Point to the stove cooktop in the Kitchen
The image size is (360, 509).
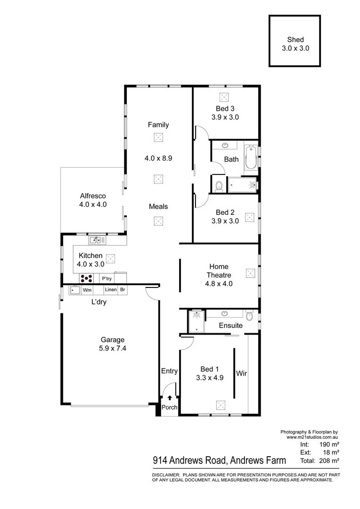(85, 278)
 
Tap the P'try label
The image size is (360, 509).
(106, 278)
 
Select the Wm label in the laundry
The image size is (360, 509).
(87, 290)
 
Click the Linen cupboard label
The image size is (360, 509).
(110, 290)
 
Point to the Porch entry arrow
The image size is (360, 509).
(170, 399)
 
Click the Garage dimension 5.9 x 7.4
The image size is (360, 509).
(112, 349)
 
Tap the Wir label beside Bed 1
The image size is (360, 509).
(242, 373)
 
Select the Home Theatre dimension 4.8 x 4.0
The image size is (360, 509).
(219, 284)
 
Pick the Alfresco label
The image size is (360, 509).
(93, 196)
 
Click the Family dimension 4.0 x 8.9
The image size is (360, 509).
(158, 158)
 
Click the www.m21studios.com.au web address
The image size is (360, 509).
(313, 437)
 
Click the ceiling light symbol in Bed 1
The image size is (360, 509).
(220, 404)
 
